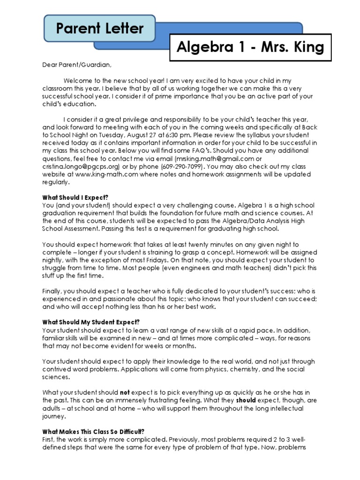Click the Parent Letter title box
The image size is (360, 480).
(100, 29)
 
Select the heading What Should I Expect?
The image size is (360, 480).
(78, 198)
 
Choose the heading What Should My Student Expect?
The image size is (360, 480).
(91, 322)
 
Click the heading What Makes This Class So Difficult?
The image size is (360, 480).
(93, 431)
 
